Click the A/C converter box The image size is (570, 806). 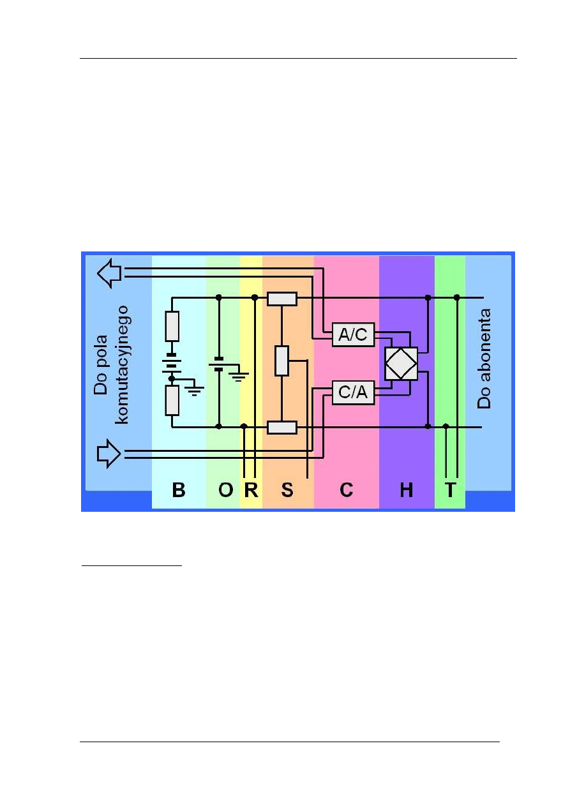352,335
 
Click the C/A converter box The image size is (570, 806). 352,393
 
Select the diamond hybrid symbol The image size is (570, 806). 401,364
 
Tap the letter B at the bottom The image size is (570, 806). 179,490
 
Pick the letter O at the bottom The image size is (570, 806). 226,490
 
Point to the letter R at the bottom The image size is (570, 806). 251,490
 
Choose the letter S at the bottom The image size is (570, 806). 287,490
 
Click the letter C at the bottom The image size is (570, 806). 346,490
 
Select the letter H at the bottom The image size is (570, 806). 406,490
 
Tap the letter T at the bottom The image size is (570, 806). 451,490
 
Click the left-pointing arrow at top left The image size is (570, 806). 109,273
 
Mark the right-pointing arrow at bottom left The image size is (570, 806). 109,454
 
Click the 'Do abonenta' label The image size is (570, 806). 486,359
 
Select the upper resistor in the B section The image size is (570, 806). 172,326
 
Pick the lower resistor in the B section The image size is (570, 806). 172,400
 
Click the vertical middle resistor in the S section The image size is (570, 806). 281,360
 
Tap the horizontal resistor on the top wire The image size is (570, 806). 281,298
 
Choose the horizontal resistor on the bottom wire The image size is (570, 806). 281,427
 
